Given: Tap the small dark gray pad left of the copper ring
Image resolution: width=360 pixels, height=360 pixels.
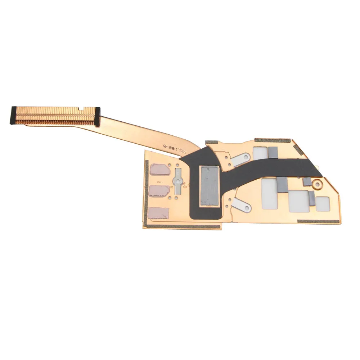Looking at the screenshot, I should (x=307, y=181).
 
